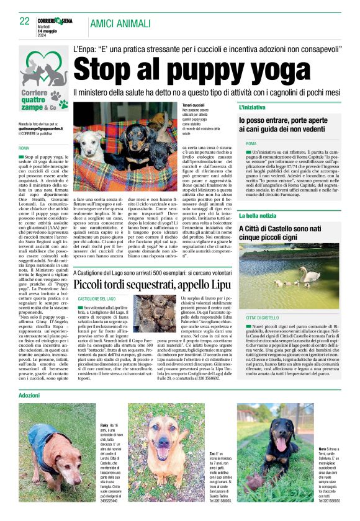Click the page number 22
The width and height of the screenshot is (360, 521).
25,21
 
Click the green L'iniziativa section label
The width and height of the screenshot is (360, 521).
254,108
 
